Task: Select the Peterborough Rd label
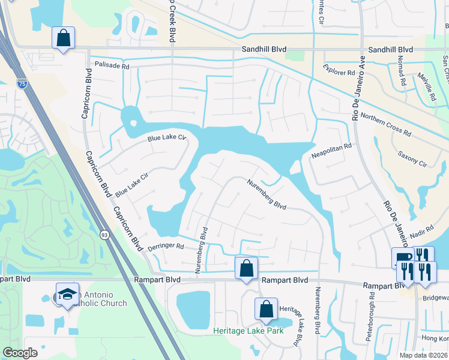pyautogui.click(x=370, y=316)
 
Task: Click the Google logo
pyautogui.click(x=20, y=353)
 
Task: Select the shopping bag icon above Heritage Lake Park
pyautogui.click(x=266, y=308)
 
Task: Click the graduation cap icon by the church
pyautogui.click(x=67, y=293)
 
